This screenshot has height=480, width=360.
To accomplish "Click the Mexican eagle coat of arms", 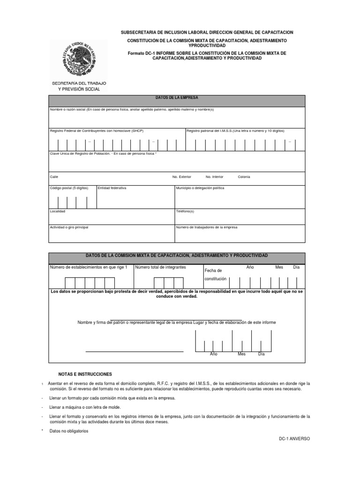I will pyautogui.click(x=78, y=58).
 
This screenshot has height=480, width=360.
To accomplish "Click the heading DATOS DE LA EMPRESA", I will pyautogui.click(x=177, y=97).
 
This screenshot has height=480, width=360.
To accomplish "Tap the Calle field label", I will pyautogui.click(x=54, y=177).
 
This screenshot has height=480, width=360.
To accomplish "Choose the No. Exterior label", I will pyautogui.click(x=182, y=177).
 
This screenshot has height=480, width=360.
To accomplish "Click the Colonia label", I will pyautogui.click(x=244, y=177).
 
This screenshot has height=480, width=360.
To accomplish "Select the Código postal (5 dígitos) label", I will pyautogui.click(x=69, y=188).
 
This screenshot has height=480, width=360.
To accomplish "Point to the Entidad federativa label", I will pyautogui.click(x=112, y=188).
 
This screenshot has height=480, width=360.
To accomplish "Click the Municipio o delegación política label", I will pyautogui.click(x=200, y=188).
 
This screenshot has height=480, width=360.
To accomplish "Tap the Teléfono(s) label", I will pyautogui.click(x=185, y=211).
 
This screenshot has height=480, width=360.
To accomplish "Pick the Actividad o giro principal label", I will pyautogui.click(x=69, y=227).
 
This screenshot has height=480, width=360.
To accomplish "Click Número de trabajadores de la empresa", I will pyautogui.click(x=207, y=227).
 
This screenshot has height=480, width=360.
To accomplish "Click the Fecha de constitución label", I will pyautogui.click(x=215, y=275).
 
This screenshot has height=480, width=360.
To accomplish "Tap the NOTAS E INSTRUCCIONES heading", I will pyautogui.click(x=85, y=375).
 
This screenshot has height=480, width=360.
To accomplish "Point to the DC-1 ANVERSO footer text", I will pyautogui.click(x=294, y=439).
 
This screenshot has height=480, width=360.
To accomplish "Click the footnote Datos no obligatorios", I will pyautogui.click(x=68, y=431).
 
